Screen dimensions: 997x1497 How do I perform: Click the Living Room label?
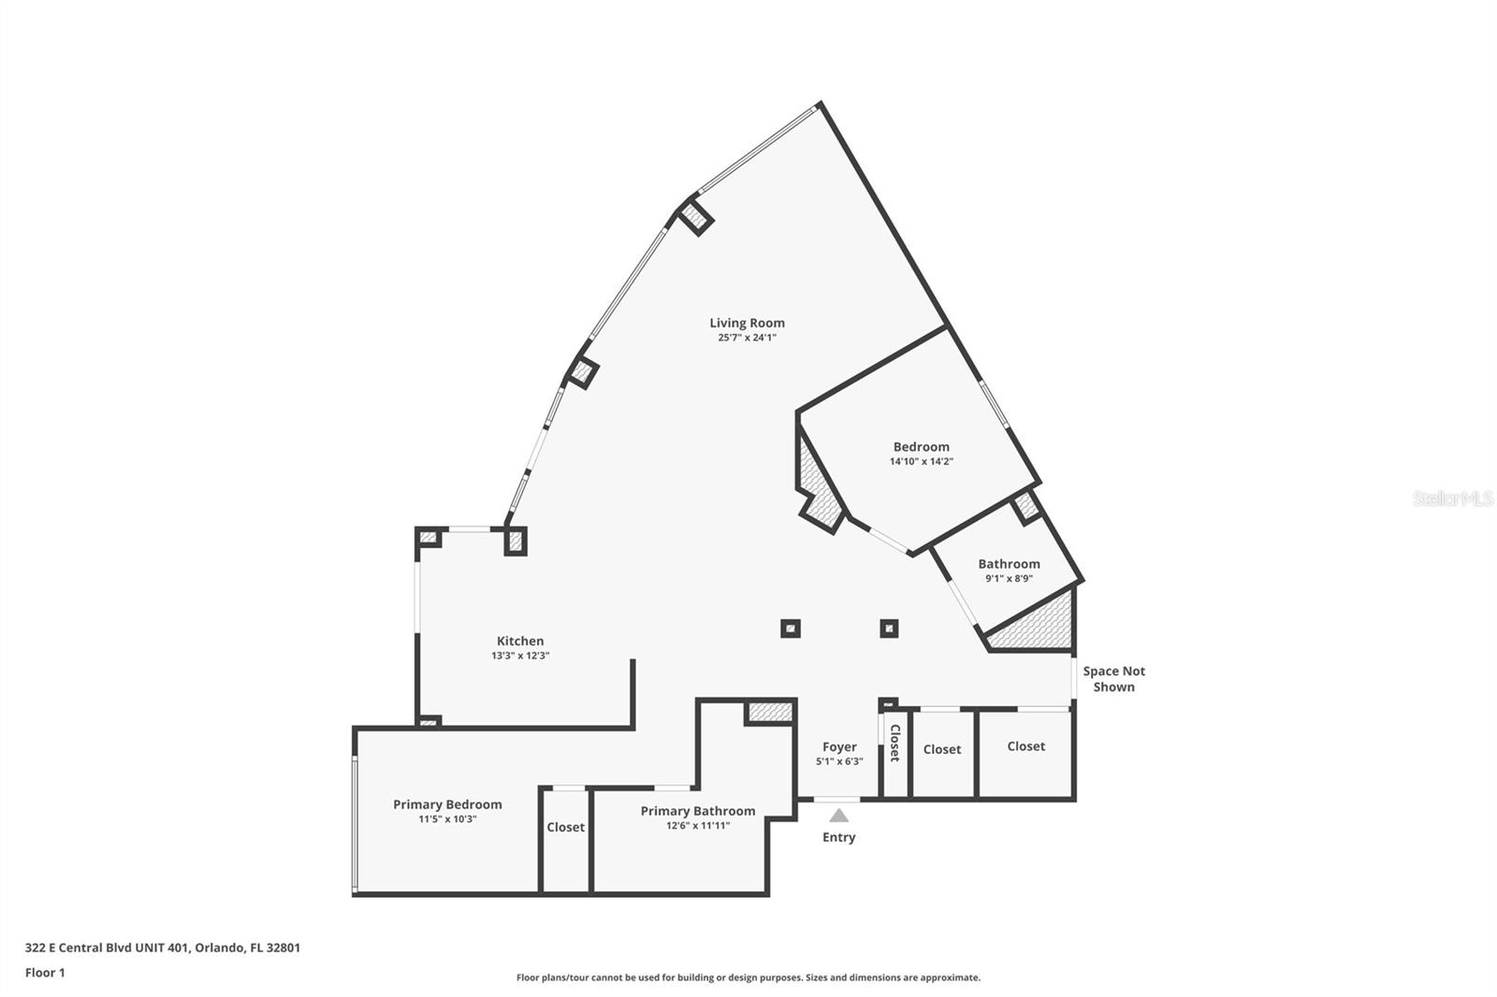[747, 323]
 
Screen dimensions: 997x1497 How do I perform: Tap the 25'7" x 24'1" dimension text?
[747, 338]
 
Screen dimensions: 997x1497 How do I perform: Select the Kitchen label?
[520, 641]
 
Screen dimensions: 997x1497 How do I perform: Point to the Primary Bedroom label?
[447, 804]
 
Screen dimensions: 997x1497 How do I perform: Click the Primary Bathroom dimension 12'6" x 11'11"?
[698, 826]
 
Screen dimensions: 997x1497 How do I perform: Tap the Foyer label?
[839, 746]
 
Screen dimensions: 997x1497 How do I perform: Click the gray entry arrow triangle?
[839, 816]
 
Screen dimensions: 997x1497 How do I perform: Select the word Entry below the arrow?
[839, 837]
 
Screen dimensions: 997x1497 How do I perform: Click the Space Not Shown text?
[1113, 678]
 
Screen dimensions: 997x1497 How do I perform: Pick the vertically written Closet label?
[894, 743]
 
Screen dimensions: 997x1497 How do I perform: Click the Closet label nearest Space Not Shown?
[1025, 745]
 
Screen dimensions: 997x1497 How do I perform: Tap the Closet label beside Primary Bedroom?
[565, 827]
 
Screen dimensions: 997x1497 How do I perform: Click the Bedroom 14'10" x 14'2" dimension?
[921, 461]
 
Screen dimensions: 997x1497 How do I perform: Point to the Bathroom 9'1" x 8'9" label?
[1009, 564]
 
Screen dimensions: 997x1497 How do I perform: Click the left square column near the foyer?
[791, 629]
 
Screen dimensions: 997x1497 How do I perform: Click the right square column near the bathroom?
[889, 629]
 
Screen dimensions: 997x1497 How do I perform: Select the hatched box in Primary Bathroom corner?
[770, 712]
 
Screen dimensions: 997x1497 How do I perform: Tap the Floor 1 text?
[45, 973]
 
